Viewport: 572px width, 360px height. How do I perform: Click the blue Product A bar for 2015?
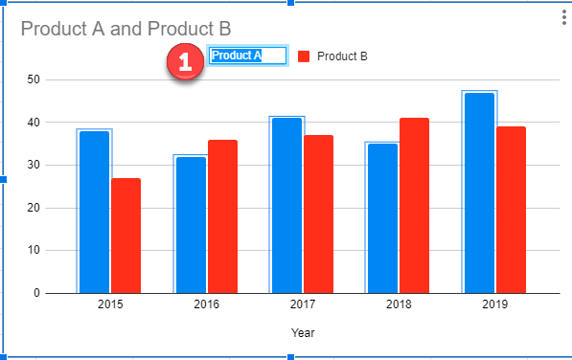[x=94, y=211]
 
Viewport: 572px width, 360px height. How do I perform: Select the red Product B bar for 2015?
[x=126, y=236]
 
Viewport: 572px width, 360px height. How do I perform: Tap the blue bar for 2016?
[x=191, y=224]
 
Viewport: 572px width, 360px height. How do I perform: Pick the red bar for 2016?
[x=222, y=216]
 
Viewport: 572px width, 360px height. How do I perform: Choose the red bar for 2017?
[x=318, y=214]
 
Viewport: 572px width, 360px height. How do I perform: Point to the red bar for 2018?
[x=414, y=205]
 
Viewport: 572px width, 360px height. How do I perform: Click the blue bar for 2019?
[x=479, y=192]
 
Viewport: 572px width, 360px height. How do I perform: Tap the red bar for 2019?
[x=511, y=210]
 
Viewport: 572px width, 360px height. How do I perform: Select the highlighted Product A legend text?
[x=248, y=56]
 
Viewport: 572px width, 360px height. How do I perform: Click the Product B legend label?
[x=342, y=56]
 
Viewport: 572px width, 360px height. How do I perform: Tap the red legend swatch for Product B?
[x=304, y=56]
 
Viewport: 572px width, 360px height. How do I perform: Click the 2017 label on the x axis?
[x=302, y=305]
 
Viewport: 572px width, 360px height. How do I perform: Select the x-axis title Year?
[x=303, y=333]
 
